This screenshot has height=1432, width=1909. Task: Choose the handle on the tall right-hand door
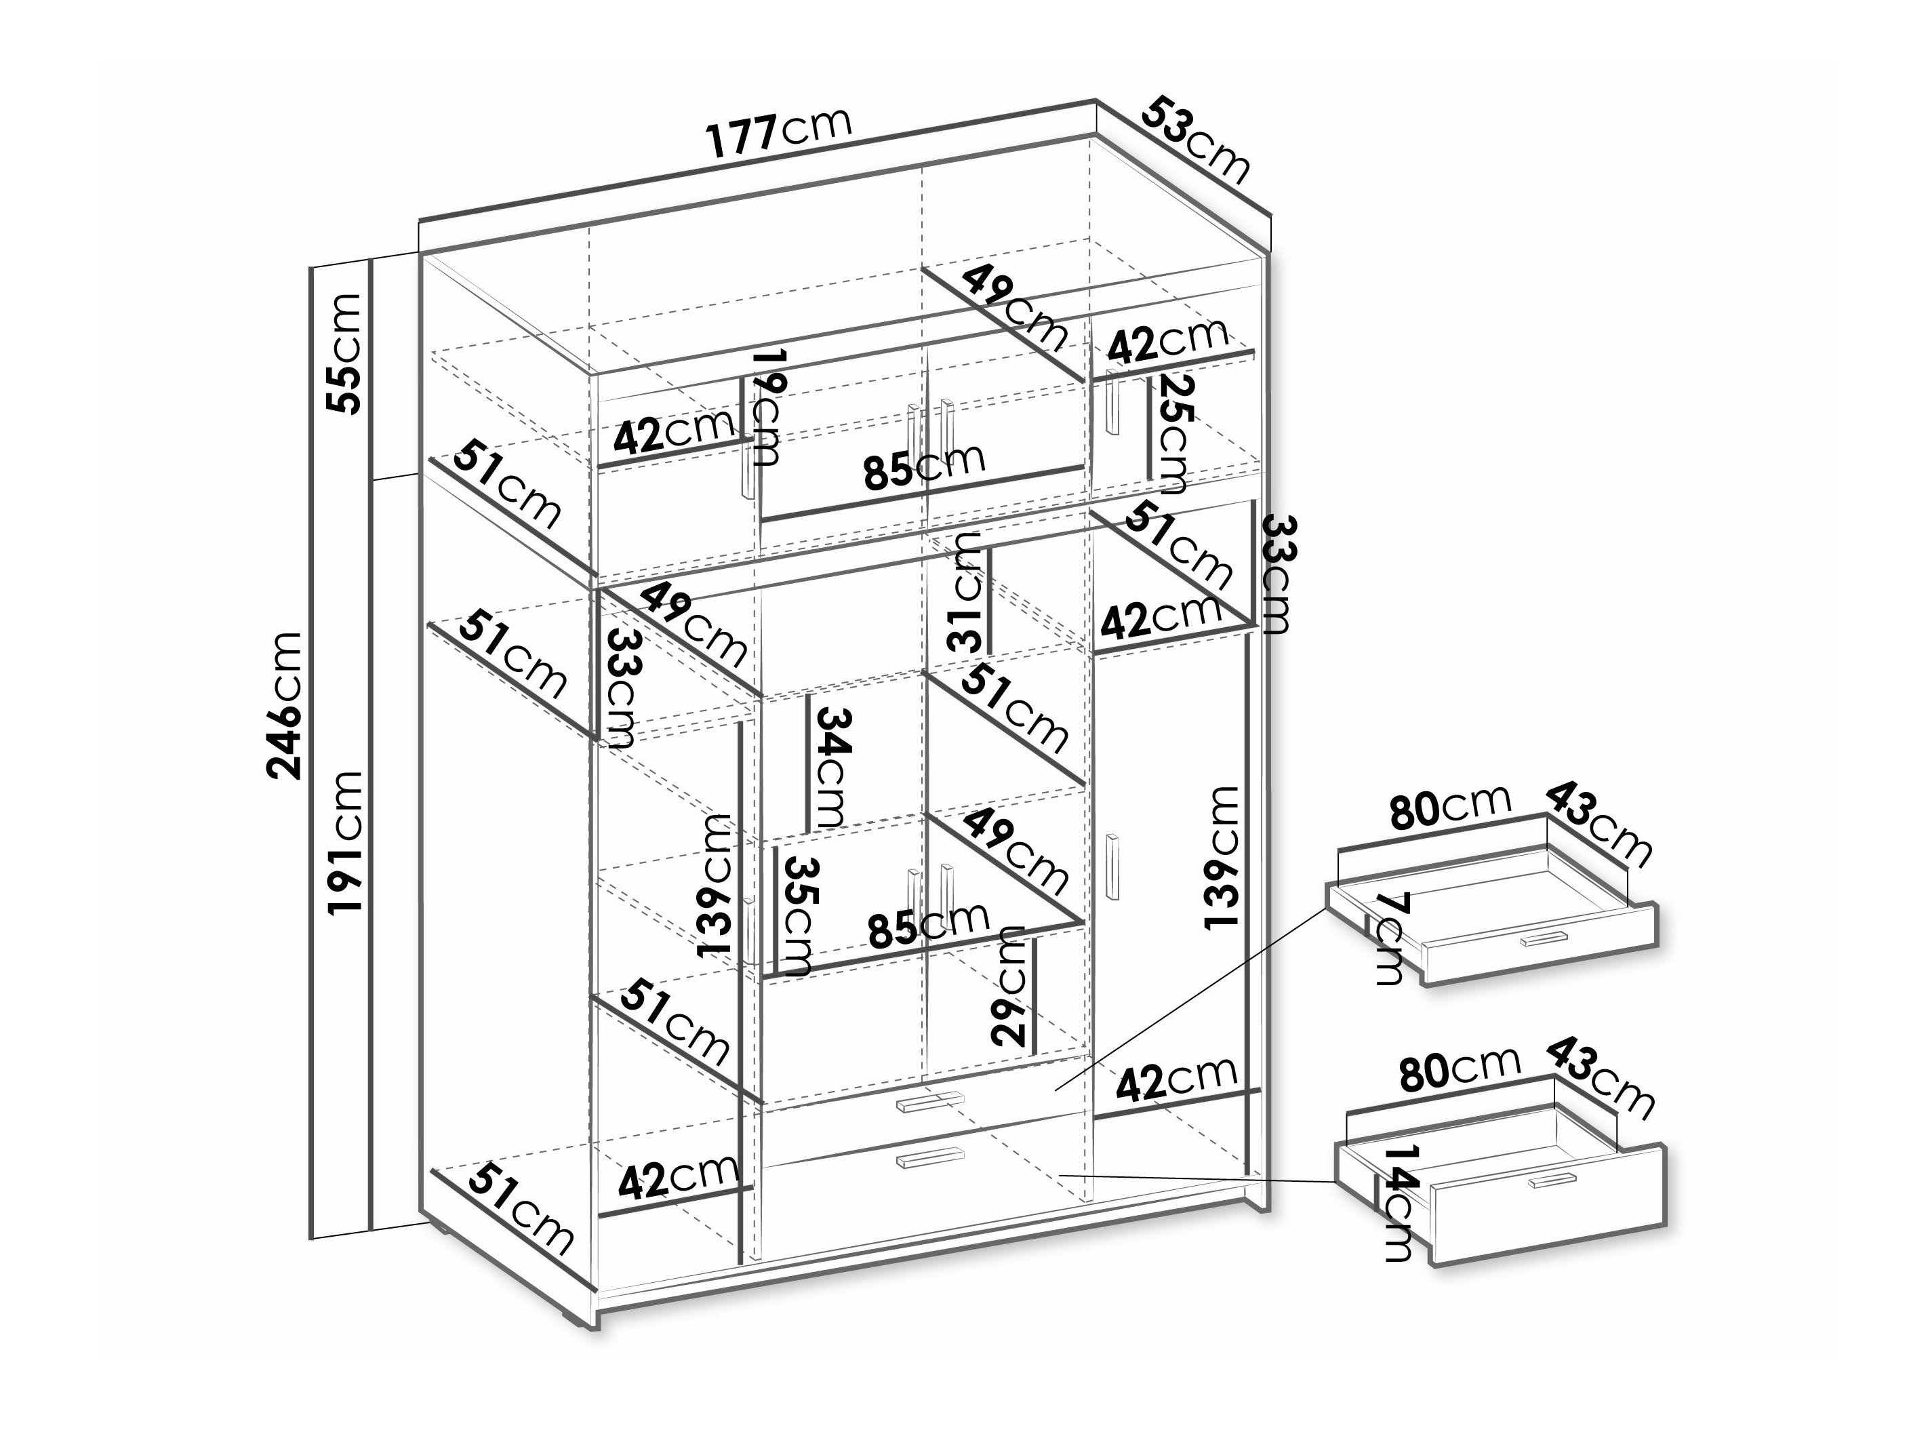coord(1113,869)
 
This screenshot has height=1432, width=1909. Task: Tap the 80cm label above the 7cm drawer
coord(1451,807)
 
